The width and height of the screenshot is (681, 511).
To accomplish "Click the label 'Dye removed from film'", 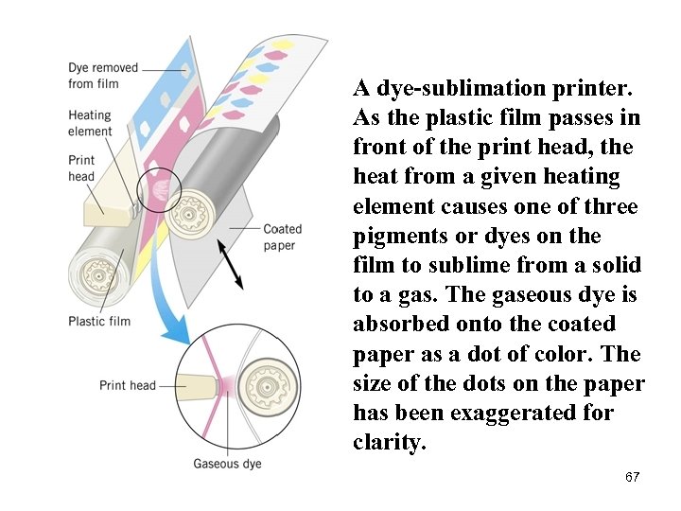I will (x=102, y=76).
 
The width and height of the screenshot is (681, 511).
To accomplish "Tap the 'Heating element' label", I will (x=90, y=124).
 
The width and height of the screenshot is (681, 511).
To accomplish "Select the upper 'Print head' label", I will (x=81, y=168).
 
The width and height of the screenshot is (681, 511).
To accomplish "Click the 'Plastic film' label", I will (x=99, y=321).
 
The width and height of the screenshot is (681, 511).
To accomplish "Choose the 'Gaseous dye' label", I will (x=227, y=464).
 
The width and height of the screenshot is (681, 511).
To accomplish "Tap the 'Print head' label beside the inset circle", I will (x=128, y=385).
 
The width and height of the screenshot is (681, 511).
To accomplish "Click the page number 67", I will (x=632, y=477).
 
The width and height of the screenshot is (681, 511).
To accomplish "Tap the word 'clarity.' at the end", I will (x=390, y=442).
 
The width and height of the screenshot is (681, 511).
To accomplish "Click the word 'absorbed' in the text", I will (x=398, y=325).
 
